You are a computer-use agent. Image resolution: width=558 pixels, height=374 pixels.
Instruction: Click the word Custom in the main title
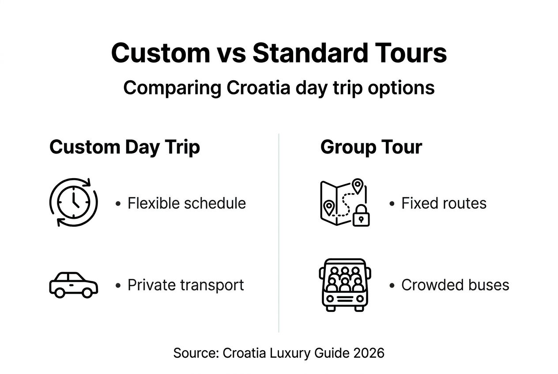point(160,53)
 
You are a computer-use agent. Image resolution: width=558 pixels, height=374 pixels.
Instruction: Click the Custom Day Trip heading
point(124,147)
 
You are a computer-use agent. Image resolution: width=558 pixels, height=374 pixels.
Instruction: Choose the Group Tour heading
point(371,147)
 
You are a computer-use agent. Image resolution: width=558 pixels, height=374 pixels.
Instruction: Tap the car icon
point(73,285)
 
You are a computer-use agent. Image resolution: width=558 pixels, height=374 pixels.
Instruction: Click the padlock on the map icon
point(361,216)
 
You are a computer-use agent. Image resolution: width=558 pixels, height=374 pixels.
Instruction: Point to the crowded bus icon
point(345,285)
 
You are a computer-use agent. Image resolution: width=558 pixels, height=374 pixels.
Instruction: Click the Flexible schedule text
point(186,203)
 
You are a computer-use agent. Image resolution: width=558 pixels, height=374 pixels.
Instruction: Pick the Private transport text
point(185,285)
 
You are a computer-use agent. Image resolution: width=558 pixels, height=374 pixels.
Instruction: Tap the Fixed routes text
point(444,203)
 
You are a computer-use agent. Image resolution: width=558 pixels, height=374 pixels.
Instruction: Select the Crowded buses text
point(455,285)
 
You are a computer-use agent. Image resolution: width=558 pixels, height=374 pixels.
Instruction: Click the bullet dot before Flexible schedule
point(118,204)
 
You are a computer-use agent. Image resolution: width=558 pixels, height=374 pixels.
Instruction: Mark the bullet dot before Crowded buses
point(392,286)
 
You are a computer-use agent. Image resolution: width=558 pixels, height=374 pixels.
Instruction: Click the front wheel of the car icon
point(87,292)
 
